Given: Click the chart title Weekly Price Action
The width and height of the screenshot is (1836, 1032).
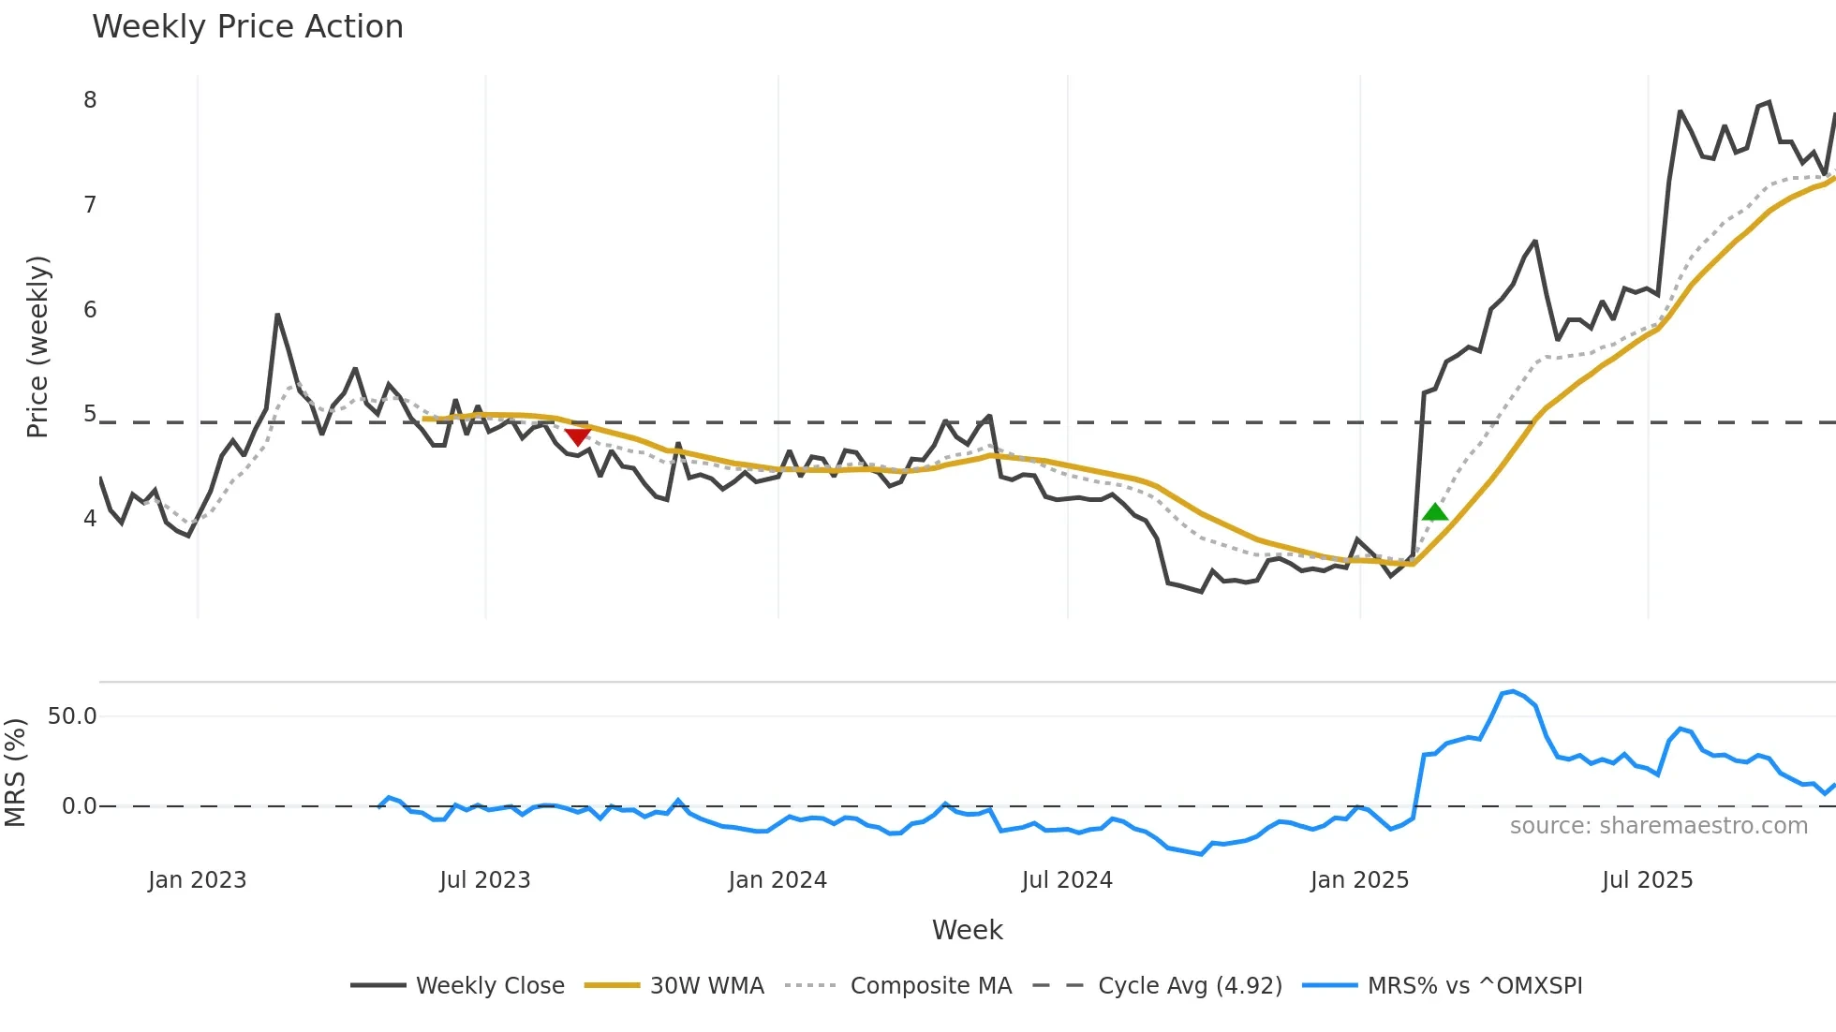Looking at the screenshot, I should [x=247, y=27].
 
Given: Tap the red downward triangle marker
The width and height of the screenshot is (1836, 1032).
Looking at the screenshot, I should [x=578, y=435].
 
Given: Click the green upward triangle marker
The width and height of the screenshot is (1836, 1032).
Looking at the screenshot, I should [x=1434, y=512].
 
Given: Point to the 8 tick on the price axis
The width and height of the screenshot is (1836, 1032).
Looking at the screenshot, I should [x=90, y=100].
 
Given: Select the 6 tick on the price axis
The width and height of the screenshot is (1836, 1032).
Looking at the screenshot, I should [x=90, y=310].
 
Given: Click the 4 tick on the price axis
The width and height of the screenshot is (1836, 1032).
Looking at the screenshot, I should [x=90, y=519].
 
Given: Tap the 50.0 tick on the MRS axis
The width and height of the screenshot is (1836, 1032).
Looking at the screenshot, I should [x=72, y=716].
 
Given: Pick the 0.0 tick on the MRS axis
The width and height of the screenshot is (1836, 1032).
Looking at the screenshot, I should [x=79, y=806].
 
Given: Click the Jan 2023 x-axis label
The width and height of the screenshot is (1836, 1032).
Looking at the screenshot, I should [x=197, y=880].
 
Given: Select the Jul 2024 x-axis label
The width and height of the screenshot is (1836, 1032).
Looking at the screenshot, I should [x=1067, y=880].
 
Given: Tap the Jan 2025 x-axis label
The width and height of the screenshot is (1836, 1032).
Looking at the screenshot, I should [x=1359, y=880].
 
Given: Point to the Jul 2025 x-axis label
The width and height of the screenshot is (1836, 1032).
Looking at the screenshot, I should [x=1647, y=880].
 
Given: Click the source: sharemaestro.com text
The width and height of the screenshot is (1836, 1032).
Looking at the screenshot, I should [x=1658, y=826].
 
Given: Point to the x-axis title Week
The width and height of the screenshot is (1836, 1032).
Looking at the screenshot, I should [x=967, y=930].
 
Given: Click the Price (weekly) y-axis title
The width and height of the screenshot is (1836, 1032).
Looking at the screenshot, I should [x=37, y=346].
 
